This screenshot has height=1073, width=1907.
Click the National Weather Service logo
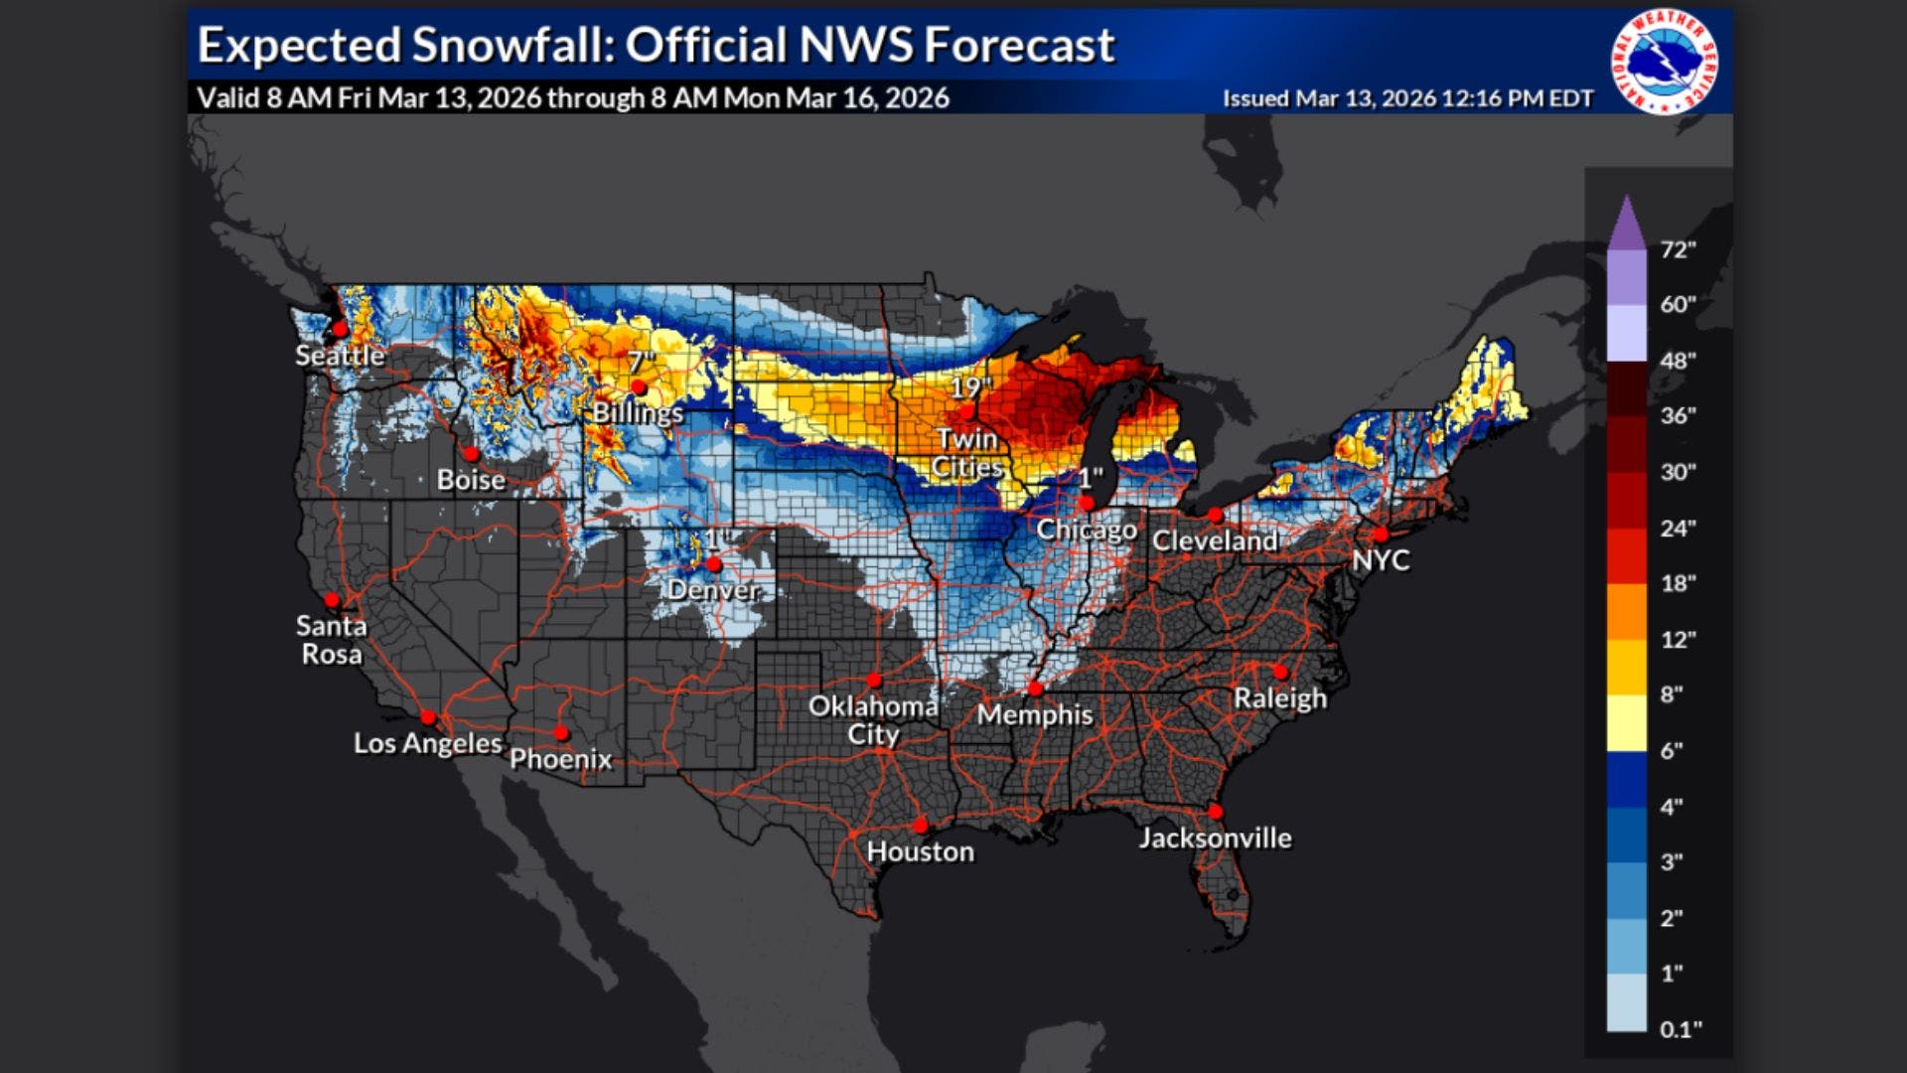pyautogui.click(x=1665, y=62)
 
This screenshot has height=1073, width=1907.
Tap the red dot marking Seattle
pyautogui.click(x=340, y=329)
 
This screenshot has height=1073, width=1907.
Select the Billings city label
pyautogui.click(x=638, y=412)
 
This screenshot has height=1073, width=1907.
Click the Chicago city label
pyautogui.click(x=1087, y=530)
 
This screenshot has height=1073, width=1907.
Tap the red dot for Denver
pyautogui.click(x=713, y=564)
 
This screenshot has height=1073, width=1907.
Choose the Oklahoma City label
pyautogui.click(x=873, y=720)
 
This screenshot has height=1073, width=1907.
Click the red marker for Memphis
pyautogui.click(x=1035, y=689)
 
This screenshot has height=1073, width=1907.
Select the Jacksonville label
pyautogui.click(x=1215, y=839)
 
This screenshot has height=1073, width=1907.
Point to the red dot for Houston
pyautogui.click(x=921, y=826)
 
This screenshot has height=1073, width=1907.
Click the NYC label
pyautogui.click(x=1381, y=560)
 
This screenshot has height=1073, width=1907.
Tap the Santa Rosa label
pyautogui.click(x=332, y=640)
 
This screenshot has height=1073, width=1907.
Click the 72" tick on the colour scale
pyautogui.click(x=1678, y=249)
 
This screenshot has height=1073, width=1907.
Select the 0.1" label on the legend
pyautogui.click(x=1681, y=1029)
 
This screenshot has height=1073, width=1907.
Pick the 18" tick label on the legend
pyautogui.click(x=1678, y=583)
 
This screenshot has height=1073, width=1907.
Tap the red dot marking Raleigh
pyautogui.click(x=1280, y=673)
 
